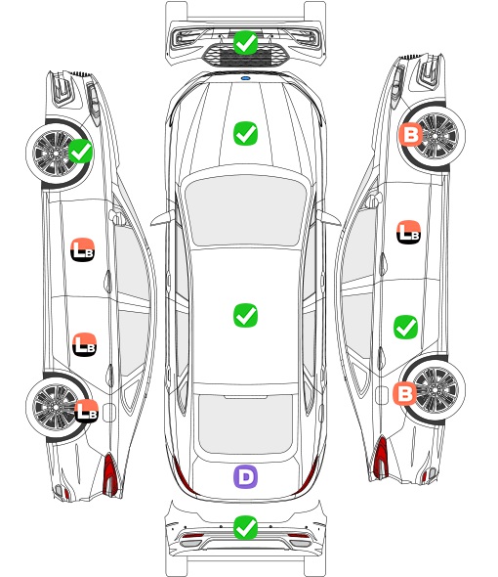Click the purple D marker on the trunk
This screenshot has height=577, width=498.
pos(245,477)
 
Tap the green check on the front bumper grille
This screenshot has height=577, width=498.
pos(245,43)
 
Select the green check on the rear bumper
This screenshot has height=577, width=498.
pos(245,528)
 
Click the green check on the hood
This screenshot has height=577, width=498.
pos(245,133)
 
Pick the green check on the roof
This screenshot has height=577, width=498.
pos(245,315)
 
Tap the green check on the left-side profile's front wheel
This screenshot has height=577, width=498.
pos(81,151)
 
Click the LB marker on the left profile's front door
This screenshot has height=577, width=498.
pos(83,249)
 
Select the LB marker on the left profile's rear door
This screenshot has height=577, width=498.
pos(85,344)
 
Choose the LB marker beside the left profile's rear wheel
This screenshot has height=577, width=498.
pos(86,411)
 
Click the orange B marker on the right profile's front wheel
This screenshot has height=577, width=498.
pos(410,134)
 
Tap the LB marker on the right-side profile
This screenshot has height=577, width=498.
pos(409,232)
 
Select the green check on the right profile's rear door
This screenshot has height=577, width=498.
pos(406,328)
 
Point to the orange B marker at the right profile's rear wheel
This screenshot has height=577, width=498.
pos(405,394)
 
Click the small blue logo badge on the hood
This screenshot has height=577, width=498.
pos(245,78)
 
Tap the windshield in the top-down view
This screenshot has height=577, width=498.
pos(245,209)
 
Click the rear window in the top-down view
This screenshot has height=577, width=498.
pos(245,423)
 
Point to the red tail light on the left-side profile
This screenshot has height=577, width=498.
pos(110,474)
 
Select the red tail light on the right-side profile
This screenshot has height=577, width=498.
pos(381,457)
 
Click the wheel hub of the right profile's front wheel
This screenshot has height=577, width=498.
pos(436,136)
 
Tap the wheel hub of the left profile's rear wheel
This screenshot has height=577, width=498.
pos(55,407)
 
